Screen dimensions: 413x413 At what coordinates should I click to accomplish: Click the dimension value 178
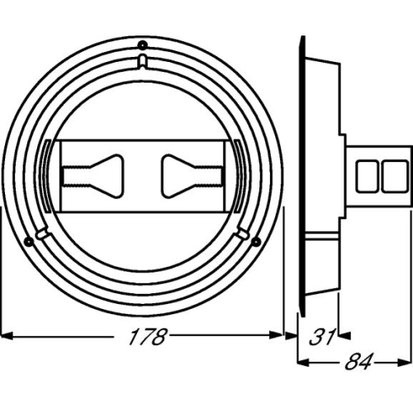[148, 336]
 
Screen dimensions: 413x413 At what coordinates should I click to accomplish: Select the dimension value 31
[322, 336]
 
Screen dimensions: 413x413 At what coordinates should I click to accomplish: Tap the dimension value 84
[358, 361]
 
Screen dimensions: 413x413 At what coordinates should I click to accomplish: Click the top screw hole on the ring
[142, 45]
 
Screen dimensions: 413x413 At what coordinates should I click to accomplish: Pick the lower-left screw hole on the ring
[29, 241]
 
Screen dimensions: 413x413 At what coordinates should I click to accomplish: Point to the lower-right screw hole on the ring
[256, 241]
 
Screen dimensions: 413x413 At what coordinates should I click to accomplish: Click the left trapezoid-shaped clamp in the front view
[93, 176]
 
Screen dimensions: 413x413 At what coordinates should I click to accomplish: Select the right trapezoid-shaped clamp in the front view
[192, 176]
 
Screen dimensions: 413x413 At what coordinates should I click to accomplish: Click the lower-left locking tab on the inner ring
[42, 233]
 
